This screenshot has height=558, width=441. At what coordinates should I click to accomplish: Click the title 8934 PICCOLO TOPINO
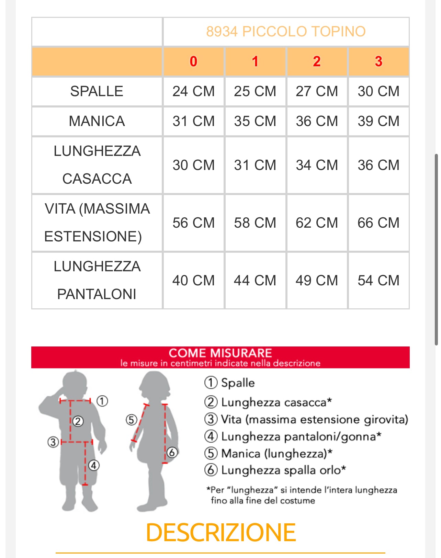(x=286, y=32)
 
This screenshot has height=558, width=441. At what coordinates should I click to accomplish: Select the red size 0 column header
(x=193, y=61)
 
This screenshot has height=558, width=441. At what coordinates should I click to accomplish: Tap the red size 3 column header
(x=378, y=61)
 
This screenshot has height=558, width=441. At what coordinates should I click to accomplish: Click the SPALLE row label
(x=97, y=91)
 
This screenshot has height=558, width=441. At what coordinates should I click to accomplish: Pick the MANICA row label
(x=97, y=121)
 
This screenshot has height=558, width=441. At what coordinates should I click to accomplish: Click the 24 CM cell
(x=193, y=91)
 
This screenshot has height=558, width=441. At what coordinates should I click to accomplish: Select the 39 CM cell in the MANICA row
(x=378, y=121)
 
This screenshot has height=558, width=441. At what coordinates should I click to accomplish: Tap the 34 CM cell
(x=317, y=165)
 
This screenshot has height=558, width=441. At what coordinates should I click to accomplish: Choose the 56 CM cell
(x=193, y=223)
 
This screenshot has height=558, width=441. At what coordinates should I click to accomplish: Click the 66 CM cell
(x=378, y=223)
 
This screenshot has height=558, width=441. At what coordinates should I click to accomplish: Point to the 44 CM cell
(x=255, y=281)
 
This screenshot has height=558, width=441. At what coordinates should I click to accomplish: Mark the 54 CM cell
(x=378, y=281)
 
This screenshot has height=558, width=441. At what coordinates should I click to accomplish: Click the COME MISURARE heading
(x=220, y=353)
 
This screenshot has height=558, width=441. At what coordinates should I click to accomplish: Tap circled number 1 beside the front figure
(x=102, y=401)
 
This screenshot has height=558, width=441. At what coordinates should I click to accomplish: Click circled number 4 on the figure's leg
(x=94, y=466)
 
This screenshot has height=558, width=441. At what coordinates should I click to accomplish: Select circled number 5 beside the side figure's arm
(x=131, y=420)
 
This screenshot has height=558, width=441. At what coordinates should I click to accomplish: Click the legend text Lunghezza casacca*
(x=276, y=402)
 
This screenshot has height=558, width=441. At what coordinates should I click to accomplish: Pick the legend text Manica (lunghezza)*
(x=276, y=453)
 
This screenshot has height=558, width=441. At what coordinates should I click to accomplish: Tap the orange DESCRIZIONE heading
(x=220, y=533)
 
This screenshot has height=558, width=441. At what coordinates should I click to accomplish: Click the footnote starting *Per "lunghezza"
(x=302, y=495)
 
